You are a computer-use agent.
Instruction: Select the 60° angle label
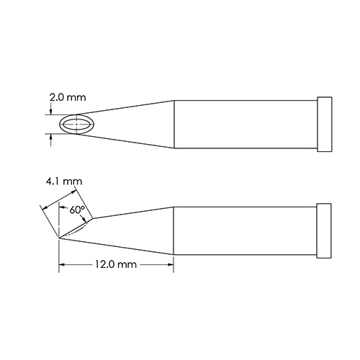(78, 210)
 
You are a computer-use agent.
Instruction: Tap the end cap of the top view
(324, 125)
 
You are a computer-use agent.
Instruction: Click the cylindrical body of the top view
(245, 125)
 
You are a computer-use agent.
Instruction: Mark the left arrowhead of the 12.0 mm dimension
(63, 265)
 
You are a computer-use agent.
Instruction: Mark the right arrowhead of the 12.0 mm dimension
(170, 265)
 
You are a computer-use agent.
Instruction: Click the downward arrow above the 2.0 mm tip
(50, 112)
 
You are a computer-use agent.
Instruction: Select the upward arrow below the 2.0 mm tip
(50, 138)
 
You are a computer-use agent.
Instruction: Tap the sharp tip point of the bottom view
(58, 238)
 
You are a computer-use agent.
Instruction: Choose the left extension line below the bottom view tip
(58, 256)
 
